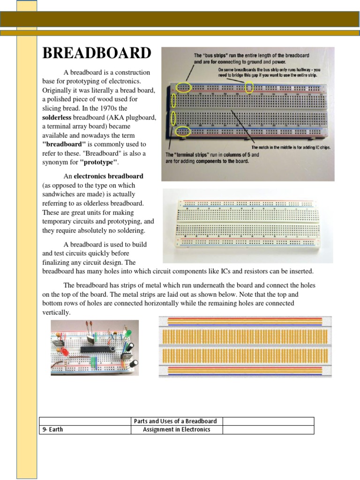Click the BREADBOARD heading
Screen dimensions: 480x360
pyautogui.click(x=97, y=53)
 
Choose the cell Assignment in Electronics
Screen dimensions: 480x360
pyautogui.click(x=176, y=429)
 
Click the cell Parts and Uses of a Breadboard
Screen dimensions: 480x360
pyautogui.click(x=176, y=421)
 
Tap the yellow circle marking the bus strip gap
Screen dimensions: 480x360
pyautogui.click(x=249, y=87)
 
